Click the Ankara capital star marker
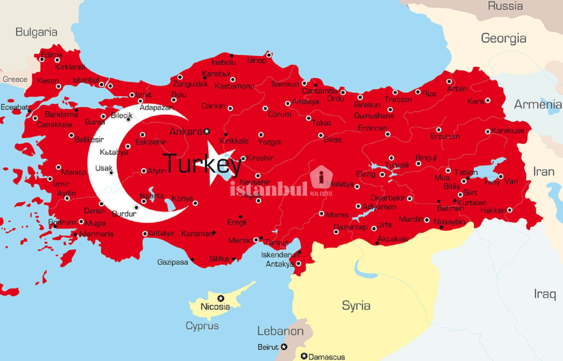pos(207,132)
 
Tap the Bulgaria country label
pos(36,32)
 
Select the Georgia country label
pos(503,38)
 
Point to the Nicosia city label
pos(215,307)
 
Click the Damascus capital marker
pos(304,356)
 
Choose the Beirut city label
pos(268,347)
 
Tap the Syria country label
pos(356,306)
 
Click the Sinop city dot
pos(269,55)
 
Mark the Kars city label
pos(475,101)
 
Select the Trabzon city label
pos(398,100)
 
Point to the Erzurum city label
pos(445,136)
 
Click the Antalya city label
pos(161,233)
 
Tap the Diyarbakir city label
pos(388,198)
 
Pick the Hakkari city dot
pos(509,210)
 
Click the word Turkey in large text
pos(202,164)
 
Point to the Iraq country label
pos(545,294)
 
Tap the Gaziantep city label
pos(350,227)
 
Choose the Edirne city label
pos(51,55)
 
